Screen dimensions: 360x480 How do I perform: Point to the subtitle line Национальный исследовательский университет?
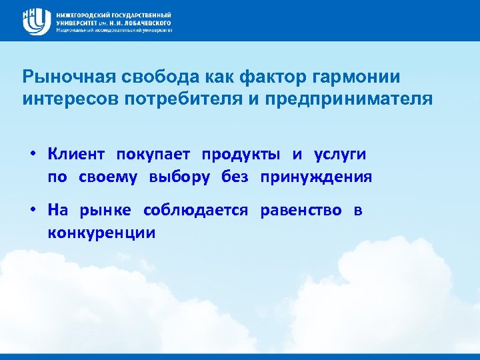tap(114, 30)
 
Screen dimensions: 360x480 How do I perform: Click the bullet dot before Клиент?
tap(32, 155)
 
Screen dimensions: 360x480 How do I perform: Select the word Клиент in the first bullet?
tap(76, 155)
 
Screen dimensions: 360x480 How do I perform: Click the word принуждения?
tap(316, 177)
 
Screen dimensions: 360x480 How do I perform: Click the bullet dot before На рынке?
tap(32, 211)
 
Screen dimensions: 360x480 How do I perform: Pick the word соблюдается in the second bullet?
tap(195, 211)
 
